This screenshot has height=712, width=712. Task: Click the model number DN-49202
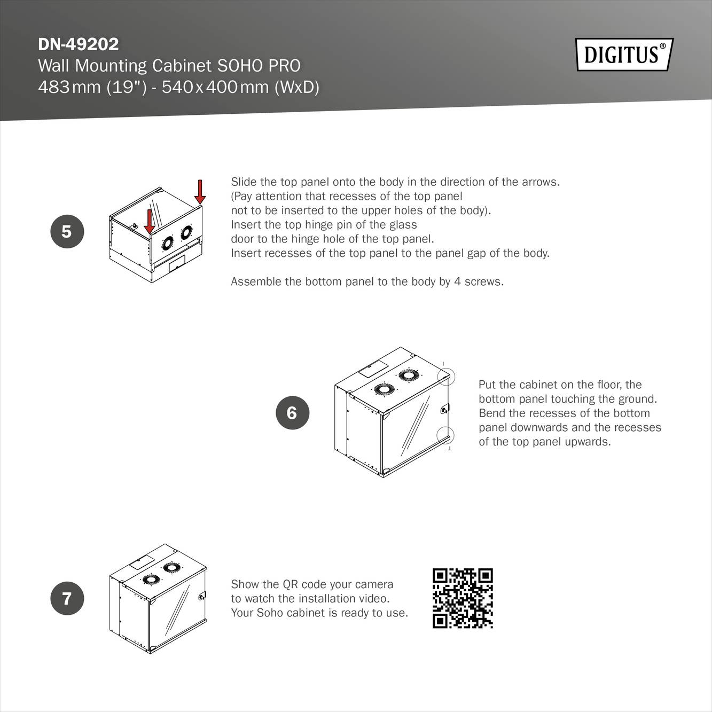click(79, 44)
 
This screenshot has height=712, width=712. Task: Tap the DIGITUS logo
click(624, 54)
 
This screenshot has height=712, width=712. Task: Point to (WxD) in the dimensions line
click(296, 87)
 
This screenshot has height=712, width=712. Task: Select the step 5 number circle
click(67, 231)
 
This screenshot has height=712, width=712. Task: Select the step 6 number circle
click(292, 412)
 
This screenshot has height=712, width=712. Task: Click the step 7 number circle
click(67, 598)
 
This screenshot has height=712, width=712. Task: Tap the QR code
click(463, 598)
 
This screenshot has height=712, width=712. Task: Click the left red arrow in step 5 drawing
click(150, 221)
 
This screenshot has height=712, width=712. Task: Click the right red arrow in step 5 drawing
click(200, 192)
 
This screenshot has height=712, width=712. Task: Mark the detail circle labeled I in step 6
click(446, 377)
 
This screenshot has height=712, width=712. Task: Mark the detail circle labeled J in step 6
click(446, 435)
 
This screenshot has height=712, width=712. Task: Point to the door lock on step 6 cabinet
click(444, 409)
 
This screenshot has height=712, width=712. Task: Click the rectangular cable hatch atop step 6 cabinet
click(373, 369)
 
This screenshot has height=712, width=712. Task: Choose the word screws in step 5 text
click(483, 281)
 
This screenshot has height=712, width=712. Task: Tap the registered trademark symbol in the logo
click(663, 46)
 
